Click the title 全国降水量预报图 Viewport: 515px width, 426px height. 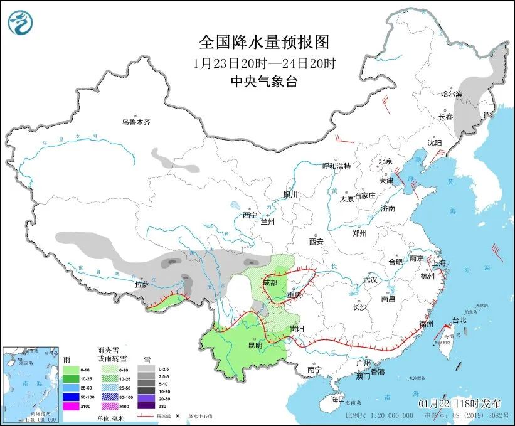pos(263,42)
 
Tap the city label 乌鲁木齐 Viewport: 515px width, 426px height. pos(136,122)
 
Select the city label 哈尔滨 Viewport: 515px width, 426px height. pos(451,94)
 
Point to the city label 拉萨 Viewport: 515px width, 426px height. pos(142,284)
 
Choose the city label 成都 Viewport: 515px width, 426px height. pos(270,282)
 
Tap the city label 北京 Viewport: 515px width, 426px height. pos(385,161)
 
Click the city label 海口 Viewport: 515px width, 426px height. pos(338,399)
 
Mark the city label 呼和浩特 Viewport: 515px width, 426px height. pos(336,166)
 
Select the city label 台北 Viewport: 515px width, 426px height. pos(459,320)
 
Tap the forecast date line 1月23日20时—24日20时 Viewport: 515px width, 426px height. pos(263,63)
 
